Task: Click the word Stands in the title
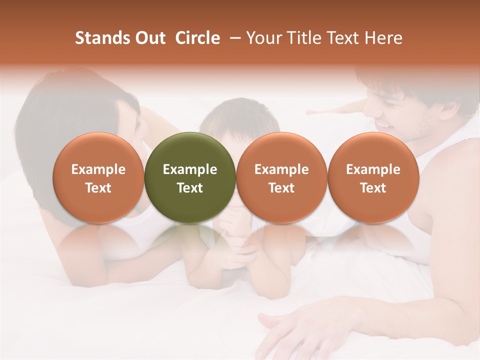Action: tap(101, 38)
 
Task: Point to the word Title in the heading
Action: tap(305, 38)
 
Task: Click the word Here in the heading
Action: tap(383, 38)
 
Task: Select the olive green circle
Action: tap(190, 177)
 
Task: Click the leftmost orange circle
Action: tap(98, 177)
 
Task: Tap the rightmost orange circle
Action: tap(373, 177)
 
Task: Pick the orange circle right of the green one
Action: tap(281, 177)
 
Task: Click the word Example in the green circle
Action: tap(190, 169)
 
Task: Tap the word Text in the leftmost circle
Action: tap(98, 188)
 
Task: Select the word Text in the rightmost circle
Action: tap(373, 188)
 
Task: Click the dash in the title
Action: tap(232, 38)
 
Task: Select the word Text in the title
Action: tap(343, 38)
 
